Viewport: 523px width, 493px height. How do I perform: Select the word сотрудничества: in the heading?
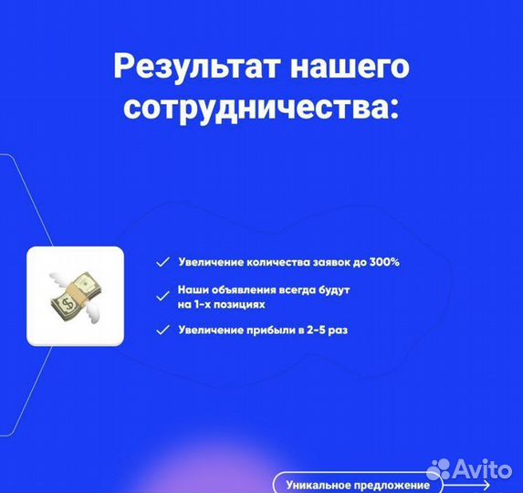(x=261, y=108)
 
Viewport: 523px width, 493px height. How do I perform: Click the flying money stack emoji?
(x=74, y=295)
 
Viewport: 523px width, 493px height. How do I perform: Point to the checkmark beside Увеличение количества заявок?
(x=162, y=262)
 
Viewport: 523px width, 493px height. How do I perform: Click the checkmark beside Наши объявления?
(x=162, y=296)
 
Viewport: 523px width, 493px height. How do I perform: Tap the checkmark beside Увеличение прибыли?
(x=162, y=330)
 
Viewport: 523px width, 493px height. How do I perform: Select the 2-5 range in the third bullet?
(x=314, y=330)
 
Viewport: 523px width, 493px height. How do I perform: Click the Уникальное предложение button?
(x=357, y=484)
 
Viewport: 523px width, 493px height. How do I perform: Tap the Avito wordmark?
(x=485, y=472)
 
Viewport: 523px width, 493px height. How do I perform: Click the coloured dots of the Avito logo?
(x=444, y=472)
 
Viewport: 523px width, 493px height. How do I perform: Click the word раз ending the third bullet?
(x=338, y=330)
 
